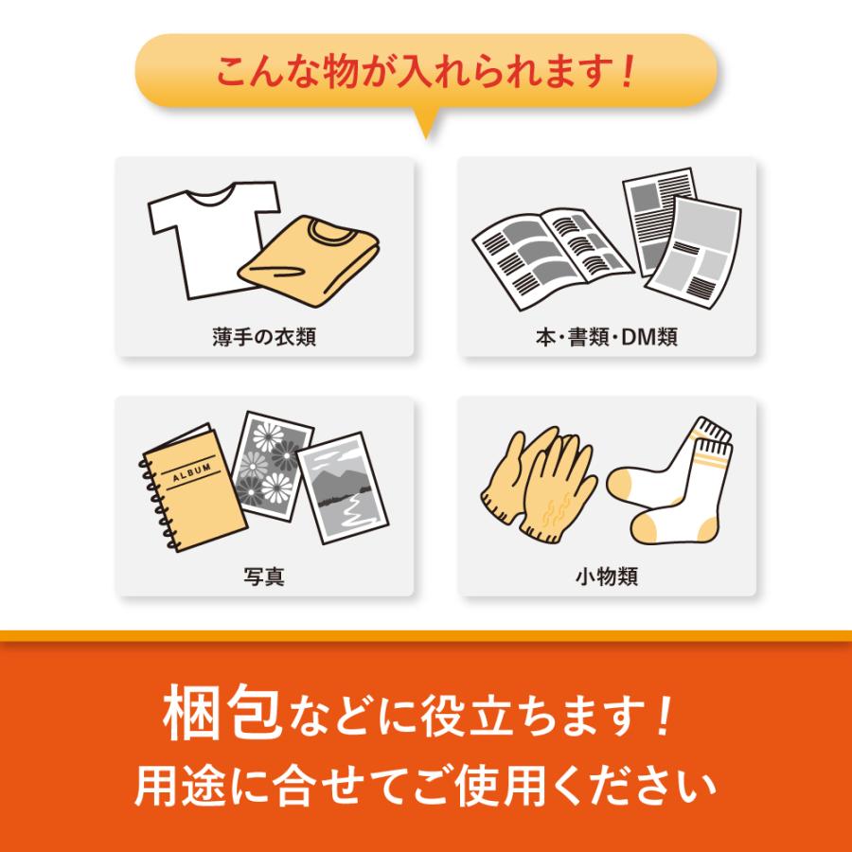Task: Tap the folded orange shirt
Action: [309, 261]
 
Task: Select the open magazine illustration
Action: [552, 258]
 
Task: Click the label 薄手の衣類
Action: [264, 337]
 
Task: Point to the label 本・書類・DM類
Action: [607, 337]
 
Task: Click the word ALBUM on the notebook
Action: [192, 473]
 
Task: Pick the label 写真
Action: [264, 576]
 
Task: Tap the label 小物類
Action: [607, 576]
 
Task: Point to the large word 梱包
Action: [222, 712]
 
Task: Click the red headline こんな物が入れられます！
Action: [425, 71]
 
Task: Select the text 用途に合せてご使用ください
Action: [425, 787]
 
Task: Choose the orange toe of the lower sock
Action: [647, 528]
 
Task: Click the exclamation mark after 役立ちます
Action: [664, 717]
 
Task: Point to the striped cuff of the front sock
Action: [711, 453]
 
